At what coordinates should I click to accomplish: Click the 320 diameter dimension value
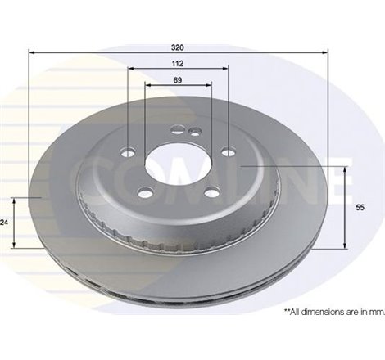tap(178, 46)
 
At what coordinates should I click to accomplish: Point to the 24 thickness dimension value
tap(5, 222)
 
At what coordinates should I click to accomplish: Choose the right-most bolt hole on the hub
tap(227, 150)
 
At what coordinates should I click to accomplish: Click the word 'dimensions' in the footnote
tap(326, 312)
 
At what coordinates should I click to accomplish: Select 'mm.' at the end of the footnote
tap(376, 312)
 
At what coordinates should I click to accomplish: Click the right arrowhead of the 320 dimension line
tap(325, 52)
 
